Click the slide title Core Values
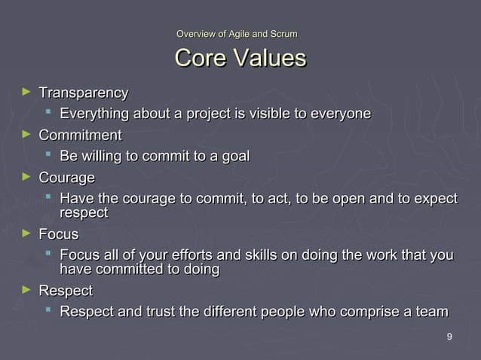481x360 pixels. [240, 58]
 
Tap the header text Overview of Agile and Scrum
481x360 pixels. [236, 34]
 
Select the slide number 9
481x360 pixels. [449, 337]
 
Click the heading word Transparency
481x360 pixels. [83, 93]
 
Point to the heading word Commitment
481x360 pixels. [80, 136]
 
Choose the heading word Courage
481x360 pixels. [66, 178]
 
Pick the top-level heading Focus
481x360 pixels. [58, 234]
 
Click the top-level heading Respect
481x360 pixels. [66, 291]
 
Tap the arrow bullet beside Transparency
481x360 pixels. [28, 92]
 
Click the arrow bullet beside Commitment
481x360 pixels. [28, 135]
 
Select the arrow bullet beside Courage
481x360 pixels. [28, 178]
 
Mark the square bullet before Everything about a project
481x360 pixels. [48, 113]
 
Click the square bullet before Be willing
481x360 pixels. [48, 156]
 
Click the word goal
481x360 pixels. [234, 157]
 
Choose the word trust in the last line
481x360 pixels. [160, 312]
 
